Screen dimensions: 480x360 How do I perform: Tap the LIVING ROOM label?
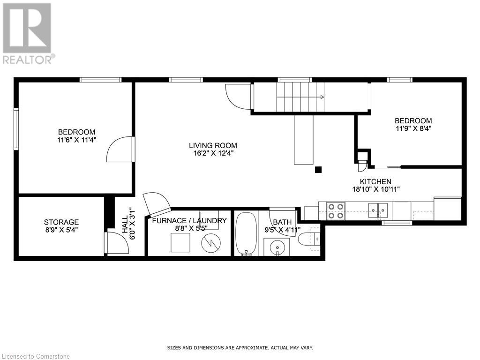tap(213, 145)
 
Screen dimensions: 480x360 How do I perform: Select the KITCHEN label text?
tap(375, 181)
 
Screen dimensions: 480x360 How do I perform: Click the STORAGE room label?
tap(61, 222)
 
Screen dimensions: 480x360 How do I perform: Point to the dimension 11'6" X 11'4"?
tap(76, 140)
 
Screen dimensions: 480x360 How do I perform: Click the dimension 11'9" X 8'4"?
tap(413, 129)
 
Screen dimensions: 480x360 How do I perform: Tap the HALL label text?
tap(125, 224)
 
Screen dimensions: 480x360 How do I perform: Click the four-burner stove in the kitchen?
tap(336, 211)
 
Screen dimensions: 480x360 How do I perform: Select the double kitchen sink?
tap(378, 210)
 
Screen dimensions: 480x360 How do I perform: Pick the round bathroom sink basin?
tap(277, 247)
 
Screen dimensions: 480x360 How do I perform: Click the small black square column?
tap(318, 170)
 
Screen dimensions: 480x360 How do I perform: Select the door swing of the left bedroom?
tap(120, 149)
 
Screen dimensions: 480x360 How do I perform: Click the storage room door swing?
tap(117, 243)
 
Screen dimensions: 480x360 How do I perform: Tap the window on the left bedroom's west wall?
tap(16, 129)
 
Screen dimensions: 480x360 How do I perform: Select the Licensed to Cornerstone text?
tap(35, 356)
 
